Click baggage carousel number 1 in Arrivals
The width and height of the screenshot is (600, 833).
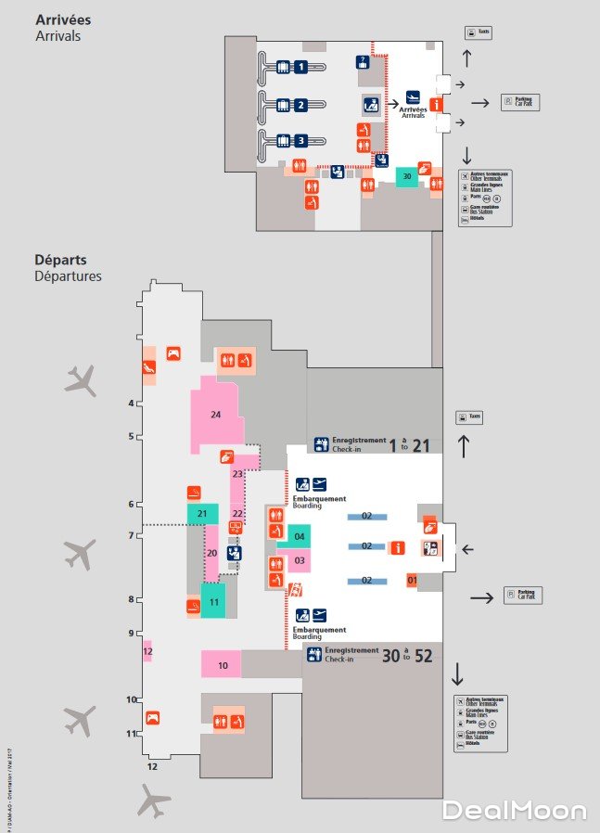coord(300,66)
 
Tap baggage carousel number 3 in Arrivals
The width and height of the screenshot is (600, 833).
coord(300,141)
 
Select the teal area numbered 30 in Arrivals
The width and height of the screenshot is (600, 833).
coord(406,176)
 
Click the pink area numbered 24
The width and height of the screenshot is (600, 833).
coord(215,415)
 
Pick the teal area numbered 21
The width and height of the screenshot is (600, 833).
coord(201,513)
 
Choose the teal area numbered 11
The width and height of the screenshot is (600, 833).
coord(213,600)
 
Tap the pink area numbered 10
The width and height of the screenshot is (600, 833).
coord(222,664)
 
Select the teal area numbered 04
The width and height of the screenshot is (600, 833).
coord(300,537)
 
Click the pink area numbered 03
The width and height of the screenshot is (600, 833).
coord(300,560)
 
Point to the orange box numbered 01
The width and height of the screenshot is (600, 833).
coord(413,581)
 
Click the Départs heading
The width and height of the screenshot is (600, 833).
coord(60,261)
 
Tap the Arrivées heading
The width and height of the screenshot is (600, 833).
coord(63,19)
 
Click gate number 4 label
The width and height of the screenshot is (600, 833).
coord(132,403)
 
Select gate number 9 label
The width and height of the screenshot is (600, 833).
coord(132,633)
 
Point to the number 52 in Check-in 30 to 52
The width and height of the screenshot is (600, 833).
coord(424,656)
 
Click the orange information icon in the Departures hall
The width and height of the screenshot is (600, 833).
coord(398,548)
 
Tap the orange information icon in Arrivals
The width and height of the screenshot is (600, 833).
coord(434,103)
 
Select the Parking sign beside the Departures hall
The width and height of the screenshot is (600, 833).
coord(523,595)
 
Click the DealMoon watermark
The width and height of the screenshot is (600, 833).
coord(514,810)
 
